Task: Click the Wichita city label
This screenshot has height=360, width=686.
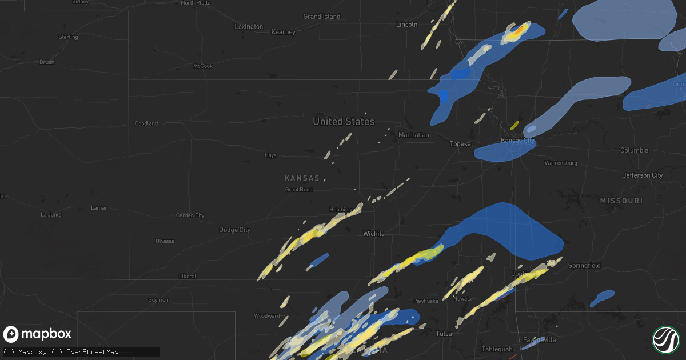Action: click(374, 234)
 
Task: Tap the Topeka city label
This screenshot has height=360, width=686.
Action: click(460, 144)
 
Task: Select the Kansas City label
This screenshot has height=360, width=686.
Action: click(517, 141)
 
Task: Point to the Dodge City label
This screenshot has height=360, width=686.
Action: click(234, 230)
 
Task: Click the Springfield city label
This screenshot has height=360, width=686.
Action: click(584, 266)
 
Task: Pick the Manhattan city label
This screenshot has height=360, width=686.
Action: click(413, 135)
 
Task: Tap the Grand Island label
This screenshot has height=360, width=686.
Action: click(321, 17)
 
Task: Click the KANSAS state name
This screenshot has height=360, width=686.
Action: click(302, 178)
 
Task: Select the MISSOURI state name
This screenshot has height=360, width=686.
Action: click(621, 201)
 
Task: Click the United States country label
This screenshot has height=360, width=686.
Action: click(344, 121)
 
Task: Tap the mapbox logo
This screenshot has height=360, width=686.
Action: click(38, 334)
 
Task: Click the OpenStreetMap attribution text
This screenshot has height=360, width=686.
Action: click(92, 352)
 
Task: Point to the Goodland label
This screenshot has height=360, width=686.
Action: click(146, 123)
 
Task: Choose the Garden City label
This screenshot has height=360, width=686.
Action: click(190, 215)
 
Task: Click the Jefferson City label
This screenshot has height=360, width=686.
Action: click(643, 175)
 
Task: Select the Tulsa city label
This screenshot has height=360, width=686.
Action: click(444, 334)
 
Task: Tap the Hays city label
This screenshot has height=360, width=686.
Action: click(270, 155)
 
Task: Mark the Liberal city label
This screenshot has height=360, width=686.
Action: click(188, 276)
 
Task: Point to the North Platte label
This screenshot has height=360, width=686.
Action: click(196, 3)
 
